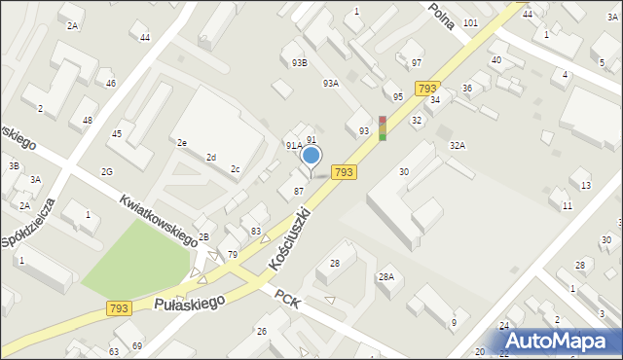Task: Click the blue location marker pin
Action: pyautogui.click(x=311, y=157)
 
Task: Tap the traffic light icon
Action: pyautogui.click(x=384, y=128)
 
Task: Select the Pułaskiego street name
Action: pyautogui.click(x=189, y=304)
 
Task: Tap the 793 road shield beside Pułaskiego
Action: pyautogui.click(x=119, y=308)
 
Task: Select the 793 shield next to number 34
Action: pyautogui.click(x=426, y=89)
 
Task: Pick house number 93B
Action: pyautogui.click(x=299, y=62)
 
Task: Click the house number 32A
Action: pyautogui.click(x=457, y=145)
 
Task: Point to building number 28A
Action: pyautogui.click(x=386, y=277)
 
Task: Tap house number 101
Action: pyautogui.click(x=470, y=22)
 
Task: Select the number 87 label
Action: pyautogui.click(x=299, y=191)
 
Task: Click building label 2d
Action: pyautogui.click(x=211, y=157)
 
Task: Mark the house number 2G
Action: pyautogui.click(x=106, y=172)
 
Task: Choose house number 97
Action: pyautogui.click(x=417, y=62)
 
